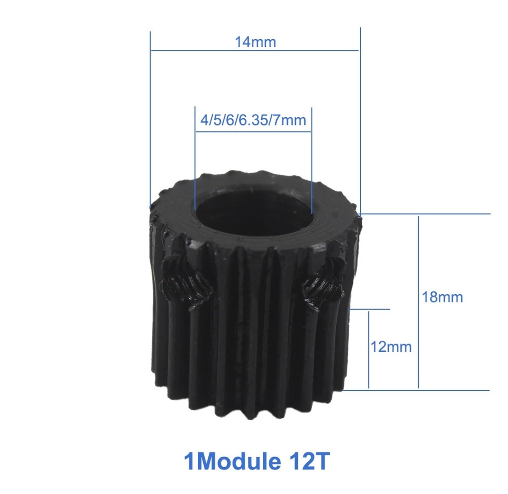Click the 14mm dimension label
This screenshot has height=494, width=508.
click(255, 42)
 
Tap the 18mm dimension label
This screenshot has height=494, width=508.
click(442, 297)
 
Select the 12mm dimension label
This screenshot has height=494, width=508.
click(391, 347)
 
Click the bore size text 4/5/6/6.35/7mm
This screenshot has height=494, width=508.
click(253, 120)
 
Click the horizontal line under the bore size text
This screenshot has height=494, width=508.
click(253, 131)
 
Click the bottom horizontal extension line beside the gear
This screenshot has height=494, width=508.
click(416, 390)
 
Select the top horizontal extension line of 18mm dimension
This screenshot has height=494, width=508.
click(425, 214)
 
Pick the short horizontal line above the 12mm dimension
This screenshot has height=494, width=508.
click(370, 309)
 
